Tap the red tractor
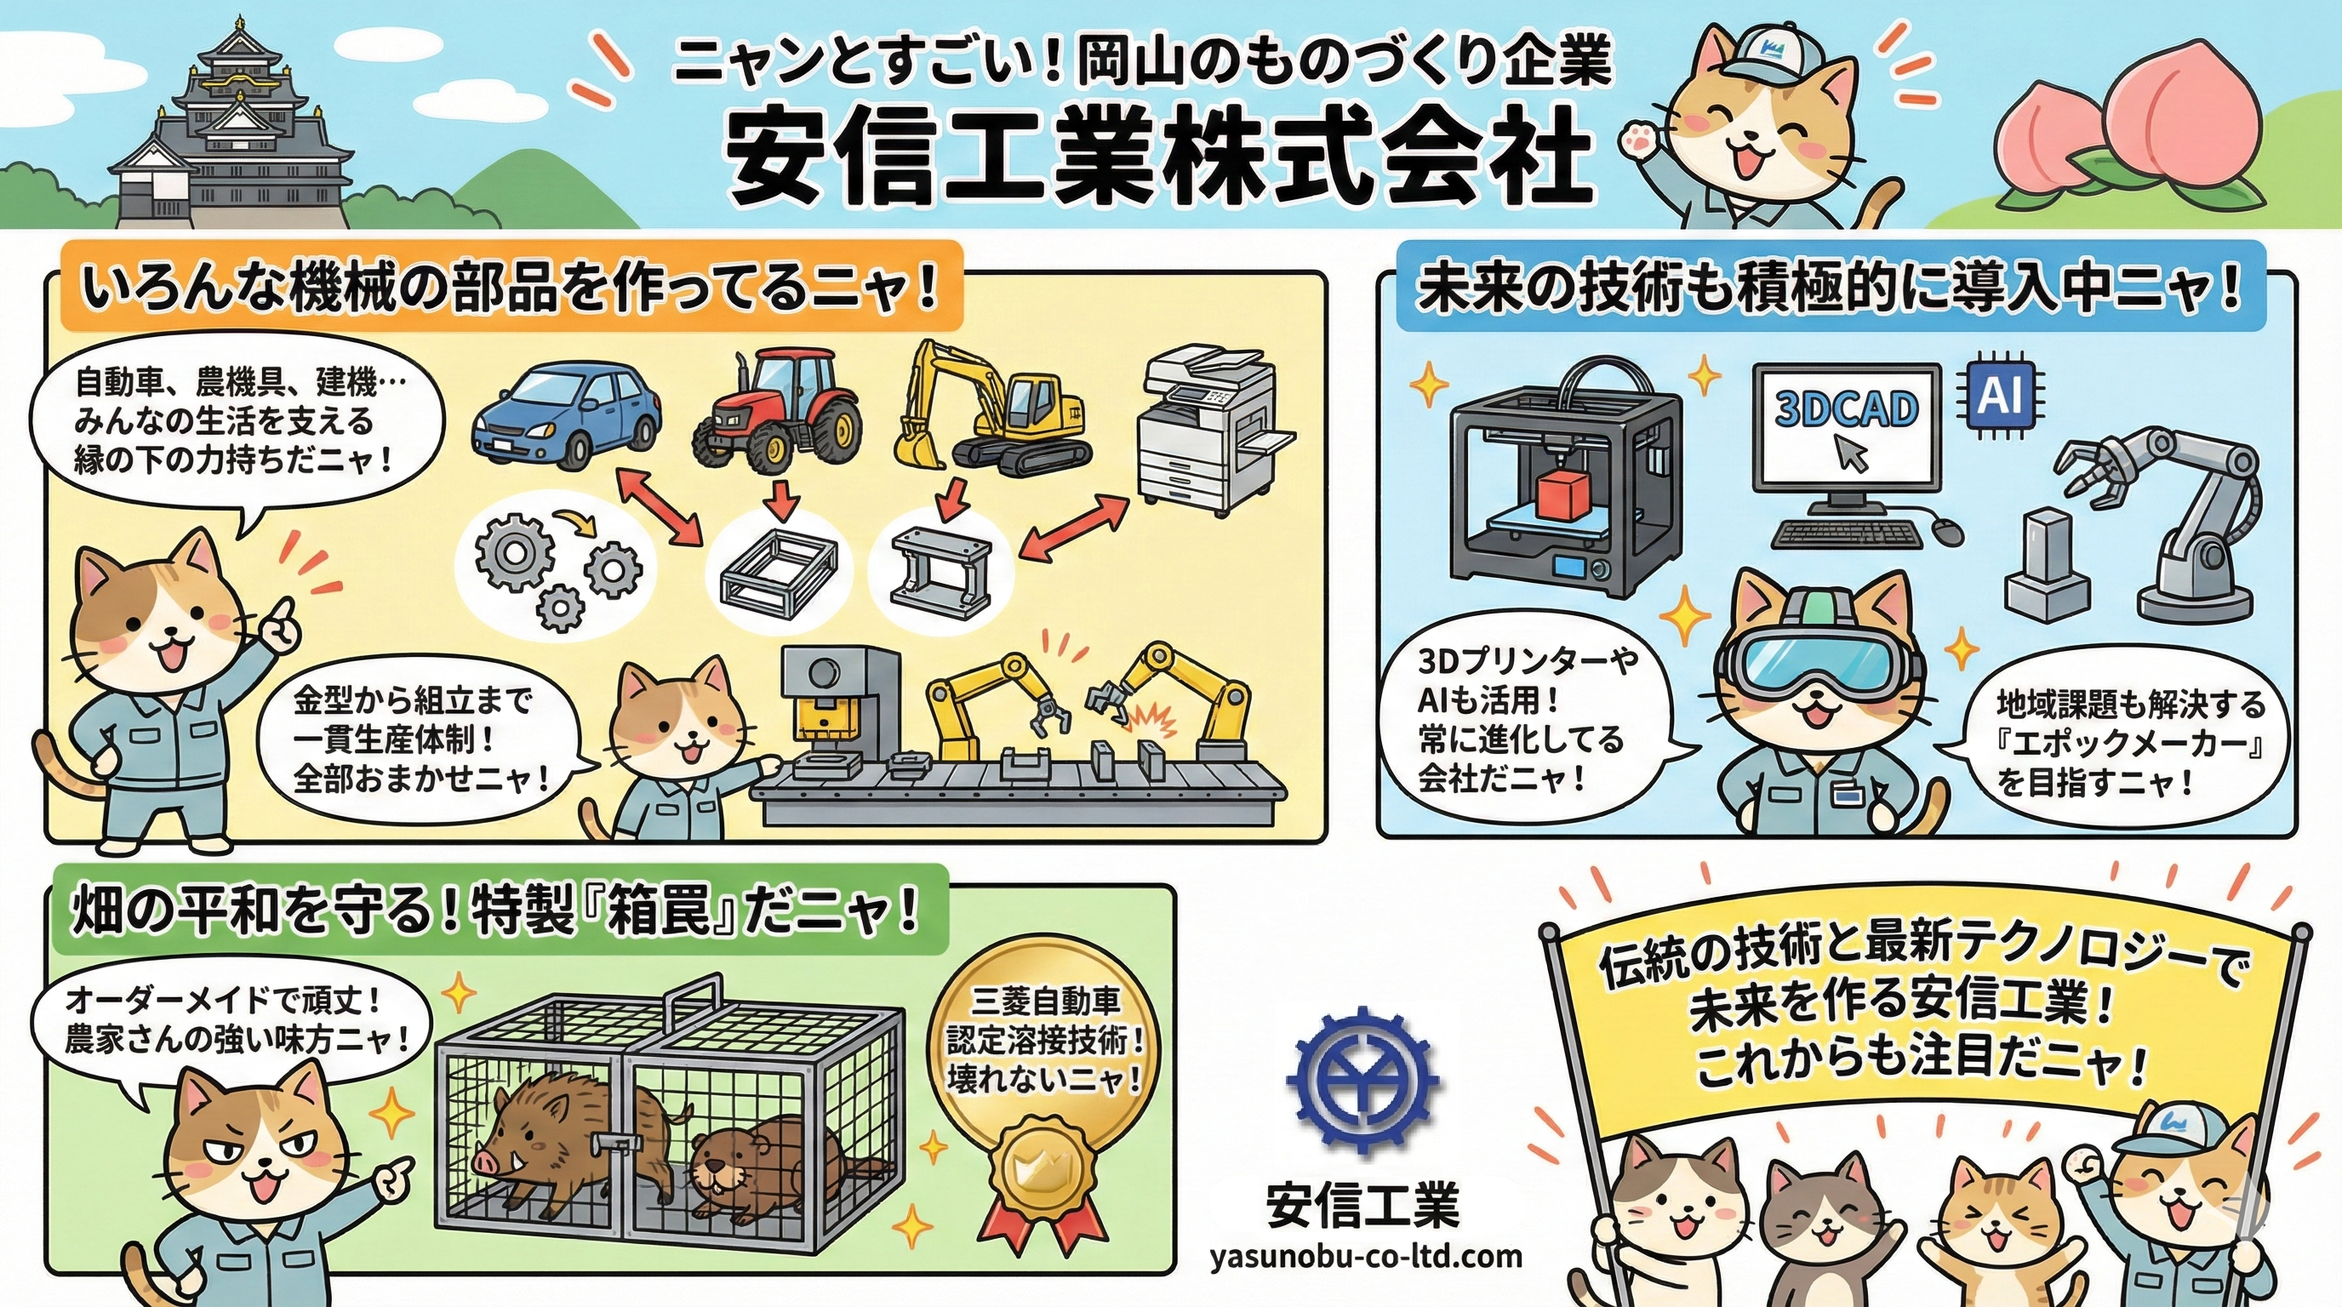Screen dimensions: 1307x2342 pyautogui.click(x=777, y=409)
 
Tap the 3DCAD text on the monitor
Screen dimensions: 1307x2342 pyautogui.click(x=1846, y=409)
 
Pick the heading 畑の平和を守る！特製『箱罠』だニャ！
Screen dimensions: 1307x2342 pyautogui.click(x=495, y=911)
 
